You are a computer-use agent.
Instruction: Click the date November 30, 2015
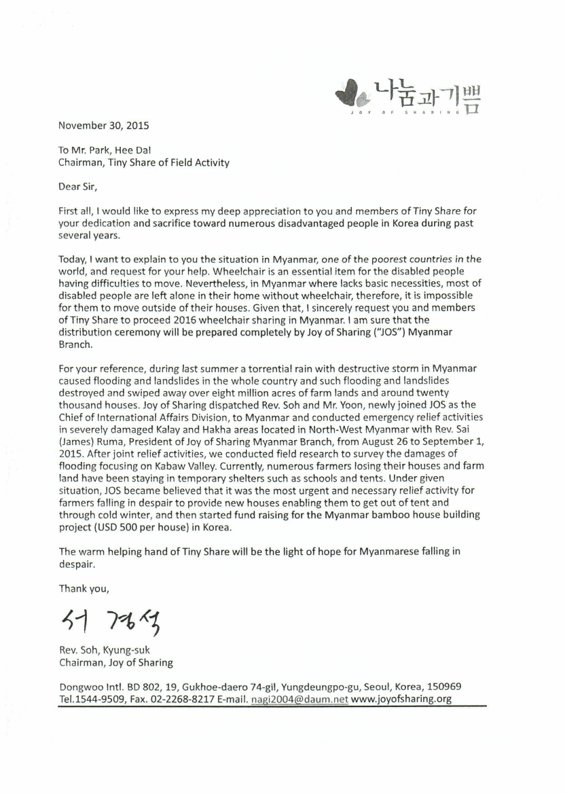(x=104, y=125)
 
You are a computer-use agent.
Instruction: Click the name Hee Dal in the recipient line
(x=141, y=150)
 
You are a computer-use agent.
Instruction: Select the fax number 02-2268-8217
(x=175, y=700)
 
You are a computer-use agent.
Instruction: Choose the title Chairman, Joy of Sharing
(x=116, y=662)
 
